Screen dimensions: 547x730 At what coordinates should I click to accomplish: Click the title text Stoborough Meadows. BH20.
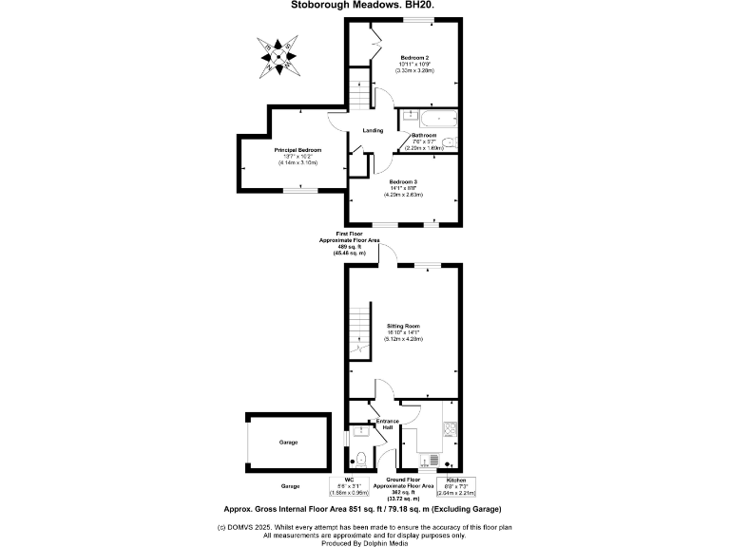(x=365, y=5)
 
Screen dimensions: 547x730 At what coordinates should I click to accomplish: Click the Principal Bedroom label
(x=298, y=151)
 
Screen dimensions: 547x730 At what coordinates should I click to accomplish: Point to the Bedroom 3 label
(x=403, y=181)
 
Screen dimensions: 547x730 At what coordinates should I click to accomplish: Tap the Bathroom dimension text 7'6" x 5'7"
(x=425, y=142)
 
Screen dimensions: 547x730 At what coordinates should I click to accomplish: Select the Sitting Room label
(x=403, y=326)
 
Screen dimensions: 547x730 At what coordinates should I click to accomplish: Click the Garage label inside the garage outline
(x=288, y=443)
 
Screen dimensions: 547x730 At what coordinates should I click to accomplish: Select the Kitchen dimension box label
(x=455, y=487)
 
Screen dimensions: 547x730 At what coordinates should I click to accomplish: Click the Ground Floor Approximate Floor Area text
(x=404, y=487)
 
